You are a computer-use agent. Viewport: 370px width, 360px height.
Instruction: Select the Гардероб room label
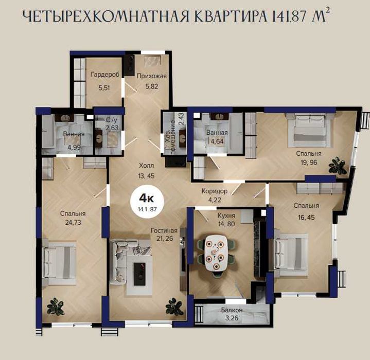105,75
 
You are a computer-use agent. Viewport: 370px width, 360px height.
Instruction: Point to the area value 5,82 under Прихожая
151,86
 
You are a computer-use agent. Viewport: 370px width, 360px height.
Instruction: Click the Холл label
146,166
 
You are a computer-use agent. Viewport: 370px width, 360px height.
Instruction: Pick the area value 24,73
73,222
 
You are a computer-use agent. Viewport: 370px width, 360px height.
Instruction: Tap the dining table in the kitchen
216,253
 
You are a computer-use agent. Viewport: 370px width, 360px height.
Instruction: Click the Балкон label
232,310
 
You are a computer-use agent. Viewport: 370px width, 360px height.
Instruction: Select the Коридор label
215,191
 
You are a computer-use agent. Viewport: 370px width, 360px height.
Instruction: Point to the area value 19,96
309,163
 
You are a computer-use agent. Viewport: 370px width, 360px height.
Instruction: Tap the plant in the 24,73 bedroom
56,307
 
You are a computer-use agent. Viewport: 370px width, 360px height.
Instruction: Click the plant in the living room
174,307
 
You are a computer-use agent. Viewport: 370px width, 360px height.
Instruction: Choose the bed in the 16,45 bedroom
290,255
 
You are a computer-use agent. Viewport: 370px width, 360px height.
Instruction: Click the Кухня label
226,215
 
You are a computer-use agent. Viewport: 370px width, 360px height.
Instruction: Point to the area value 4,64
217,141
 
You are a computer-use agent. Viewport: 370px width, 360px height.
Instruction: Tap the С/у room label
112,120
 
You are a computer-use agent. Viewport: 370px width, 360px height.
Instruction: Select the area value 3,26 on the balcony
232,318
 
